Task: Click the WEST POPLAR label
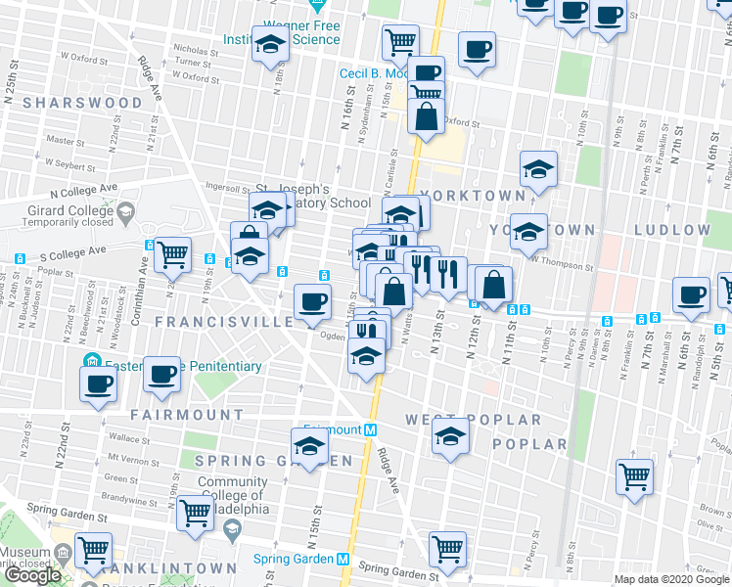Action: point(474,420)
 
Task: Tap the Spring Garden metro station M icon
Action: point(343,559)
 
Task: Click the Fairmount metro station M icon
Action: point(371,429)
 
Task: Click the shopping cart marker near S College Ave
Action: point(172,253)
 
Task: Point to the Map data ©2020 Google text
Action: point(671,579)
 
